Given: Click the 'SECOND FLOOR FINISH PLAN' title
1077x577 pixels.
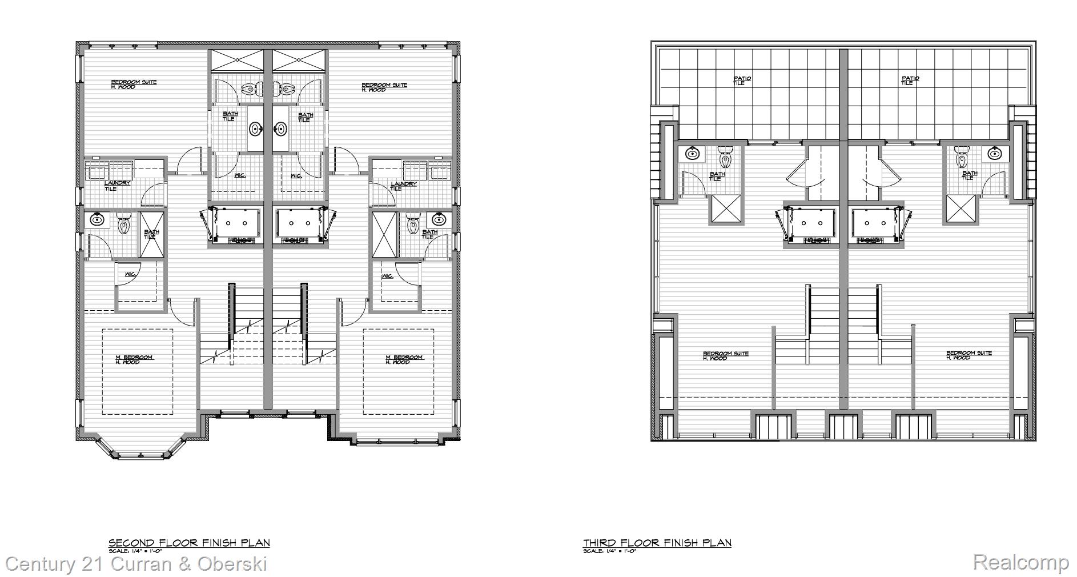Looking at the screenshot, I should pos(189,543).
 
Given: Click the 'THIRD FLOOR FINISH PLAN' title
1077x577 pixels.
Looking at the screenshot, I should pos(657,543).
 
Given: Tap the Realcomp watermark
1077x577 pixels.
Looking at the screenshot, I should pos(1020,562).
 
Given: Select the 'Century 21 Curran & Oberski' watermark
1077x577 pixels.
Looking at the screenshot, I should pos(136,564).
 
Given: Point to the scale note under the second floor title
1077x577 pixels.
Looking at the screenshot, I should pos(139,551).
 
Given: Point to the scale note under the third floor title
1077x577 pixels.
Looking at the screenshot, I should pos(609,551).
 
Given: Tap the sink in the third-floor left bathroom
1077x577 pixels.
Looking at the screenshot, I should pos(693,153).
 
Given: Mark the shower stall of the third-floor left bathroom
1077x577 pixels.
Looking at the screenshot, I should pos(725,209).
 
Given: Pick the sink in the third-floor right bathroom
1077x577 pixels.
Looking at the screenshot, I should pos(995,153).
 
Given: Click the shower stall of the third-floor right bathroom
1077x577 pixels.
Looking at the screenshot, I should pos(962,209).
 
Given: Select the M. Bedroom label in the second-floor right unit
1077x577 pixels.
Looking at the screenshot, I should pos(404,359).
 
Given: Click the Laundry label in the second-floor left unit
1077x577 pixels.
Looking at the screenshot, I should pos(116,186).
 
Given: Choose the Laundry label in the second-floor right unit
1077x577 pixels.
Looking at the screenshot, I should pos(403,186).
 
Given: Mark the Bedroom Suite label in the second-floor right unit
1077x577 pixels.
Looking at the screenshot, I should pos(384,87).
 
